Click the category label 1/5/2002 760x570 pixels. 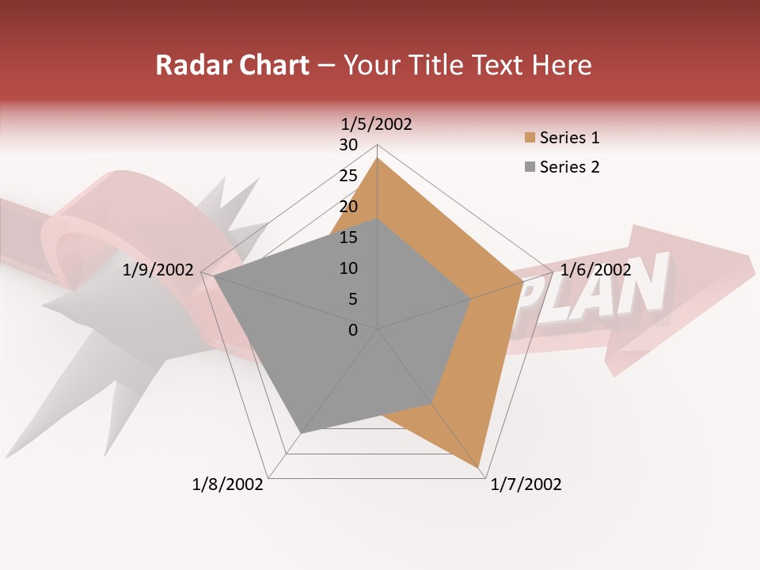377,123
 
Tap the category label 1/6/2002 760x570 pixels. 595,270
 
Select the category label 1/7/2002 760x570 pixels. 526,484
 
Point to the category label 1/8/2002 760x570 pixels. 228,484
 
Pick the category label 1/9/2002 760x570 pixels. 158,270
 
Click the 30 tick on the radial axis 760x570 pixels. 348,145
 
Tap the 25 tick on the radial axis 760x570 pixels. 348,176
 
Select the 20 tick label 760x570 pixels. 348,207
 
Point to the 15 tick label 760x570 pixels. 348,237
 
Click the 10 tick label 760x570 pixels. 348,268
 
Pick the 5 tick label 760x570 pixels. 352,299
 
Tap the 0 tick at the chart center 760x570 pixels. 353,330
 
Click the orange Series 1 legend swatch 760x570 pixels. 529,139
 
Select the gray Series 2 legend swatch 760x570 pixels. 529,167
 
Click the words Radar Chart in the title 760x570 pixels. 231,65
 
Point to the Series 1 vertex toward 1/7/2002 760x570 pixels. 479,468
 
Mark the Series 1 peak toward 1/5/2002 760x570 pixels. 378,158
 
